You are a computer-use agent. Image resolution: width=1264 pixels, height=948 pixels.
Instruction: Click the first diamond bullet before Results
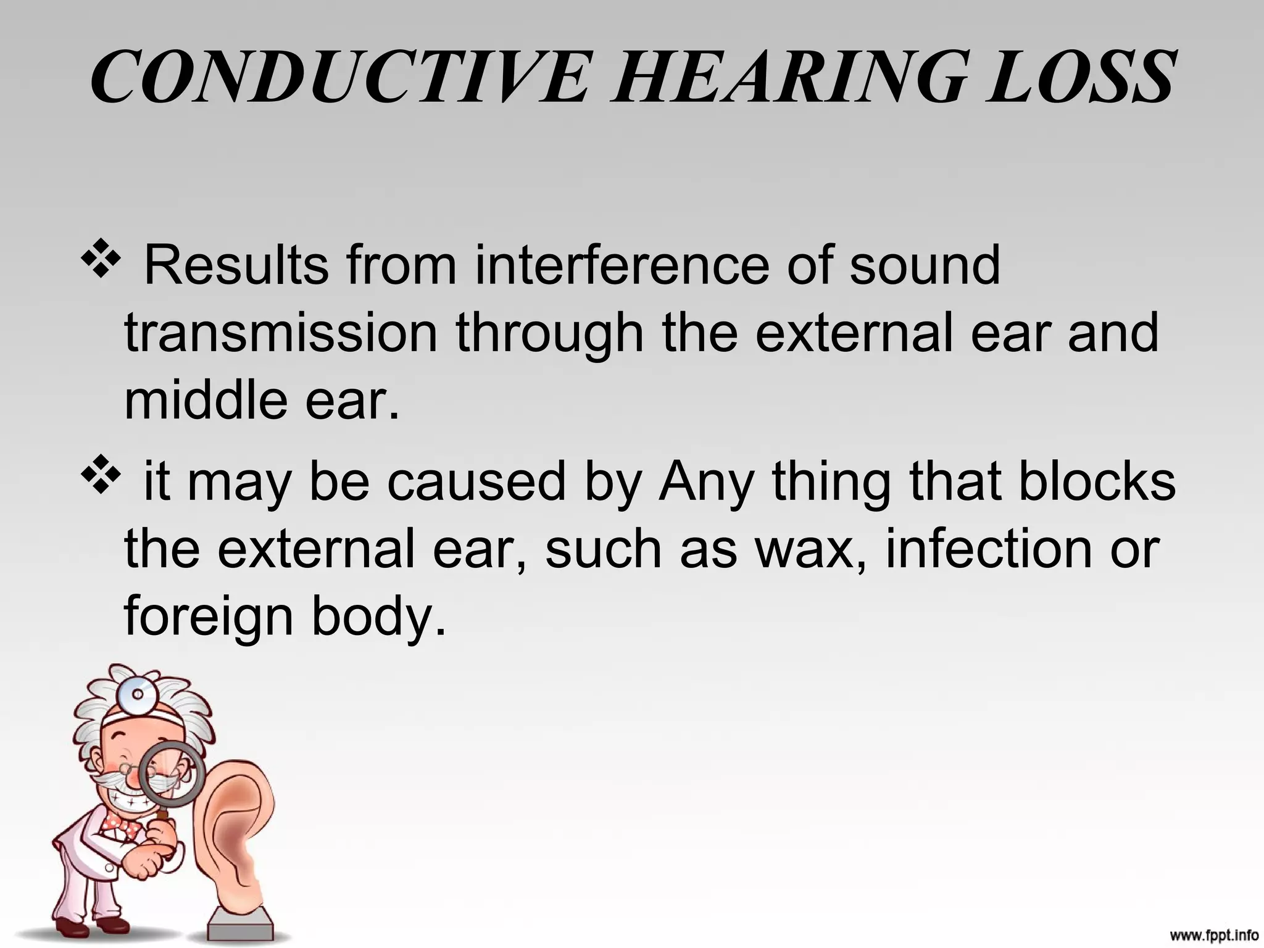(x=99, y=259)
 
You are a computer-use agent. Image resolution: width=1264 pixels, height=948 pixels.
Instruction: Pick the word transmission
(x=281, y=333)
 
